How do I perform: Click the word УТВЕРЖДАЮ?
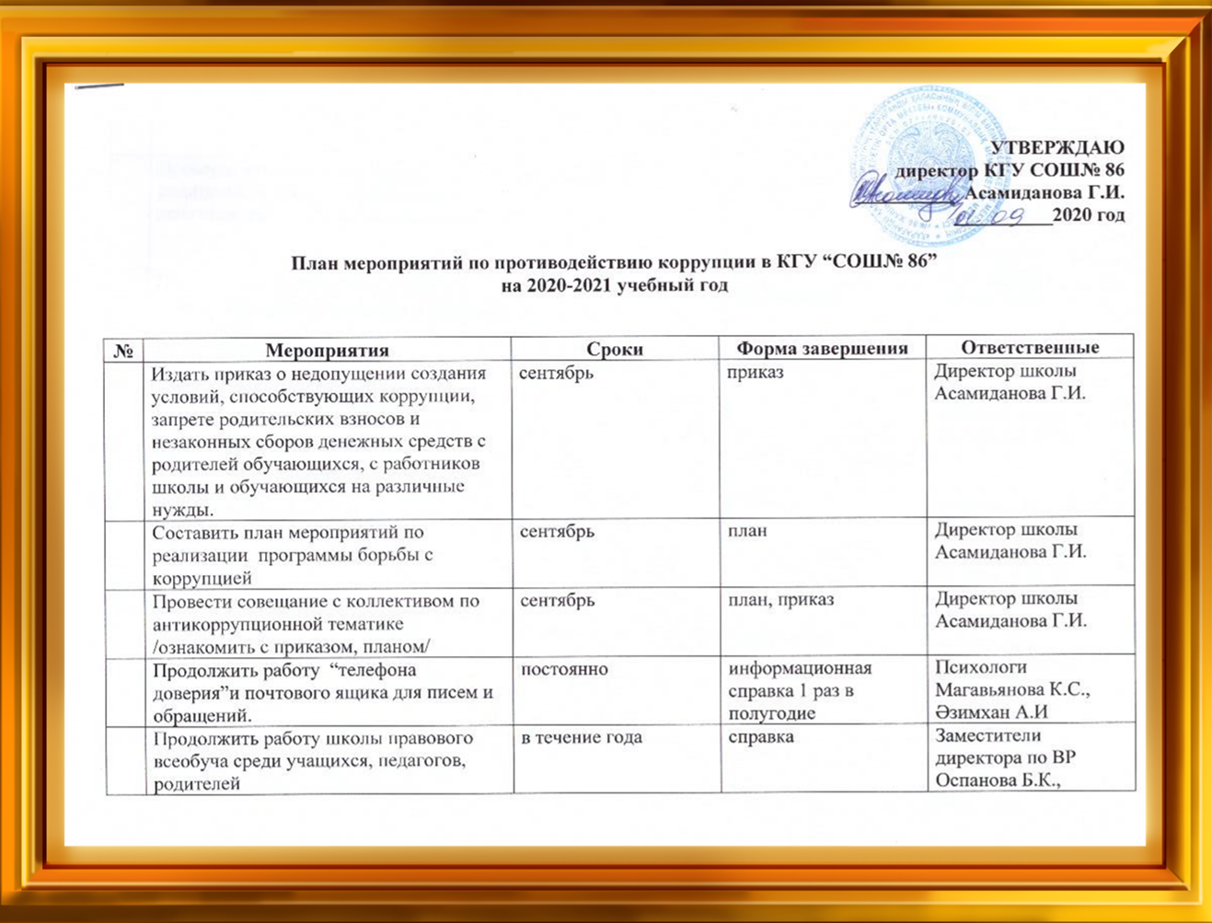tap(1057, 147)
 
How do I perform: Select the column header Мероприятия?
tap(327, 350)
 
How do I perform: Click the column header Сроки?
tap(615, 350)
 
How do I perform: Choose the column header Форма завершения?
tap(823, 349)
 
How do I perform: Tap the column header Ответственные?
tap(1030, 347)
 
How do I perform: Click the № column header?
tap(123, 351)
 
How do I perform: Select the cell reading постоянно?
tap(564, 670)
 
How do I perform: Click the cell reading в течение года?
tap(582, 738)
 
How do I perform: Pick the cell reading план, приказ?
tap(780, 600)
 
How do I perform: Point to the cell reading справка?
tap(760, 738)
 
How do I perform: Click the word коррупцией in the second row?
tap(202, 578)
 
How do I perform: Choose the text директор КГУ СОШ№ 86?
tap(1010, 170)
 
